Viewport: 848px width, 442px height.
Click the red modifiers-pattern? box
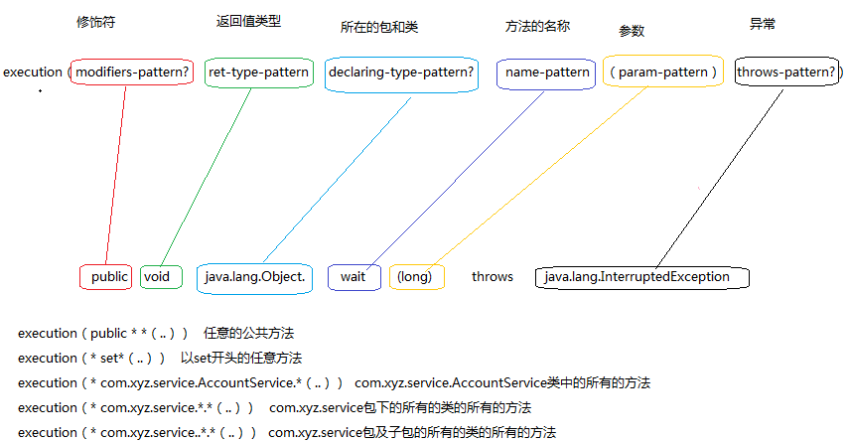pyautogui.click(x=132, y=73)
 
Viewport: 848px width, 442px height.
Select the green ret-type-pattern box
pyautogui.click(x=259, y=73)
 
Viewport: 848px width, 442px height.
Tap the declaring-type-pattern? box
pyautogui.click(x=401, y=73)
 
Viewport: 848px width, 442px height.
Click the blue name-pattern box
pyautogui.click(x=546, y=73)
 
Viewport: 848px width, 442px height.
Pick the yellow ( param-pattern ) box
pyautogui.click(x=662, y=73)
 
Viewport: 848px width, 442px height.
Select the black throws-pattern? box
pyautogui.click(x=788, y=73)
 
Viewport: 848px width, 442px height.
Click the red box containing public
pyautogui.click(x=107, y=277)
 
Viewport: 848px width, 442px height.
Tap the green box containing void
pyautogui.click(x=160, y=277)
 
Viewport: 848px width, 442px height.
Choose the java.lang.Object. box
pyautogui.click(x=254, y=277)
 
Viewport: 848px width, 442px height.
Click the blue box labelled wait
pyautogui.click(x=353, y=277)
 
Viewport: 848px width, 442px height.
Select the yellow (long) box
pyautogui.click(x=415, y=277)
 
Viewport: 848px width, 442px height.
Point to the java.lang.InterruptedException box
pyautogui.click(x=641, y=277)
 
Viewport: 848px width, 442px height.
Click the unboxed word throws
pyautogui.click(x=493, y=277)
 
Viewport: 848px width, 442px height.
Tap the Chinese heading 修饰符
pyautogui.click(x=95, y=23)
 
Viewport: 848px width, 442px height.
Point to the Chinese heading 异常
pyautogui.click(x=762, y=25)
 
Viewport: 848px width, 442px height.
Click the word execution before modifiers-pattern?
pyautogui.click(x=33, y=73)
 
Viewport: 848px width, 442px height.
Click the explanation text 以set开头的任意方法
pyautogui.click(x=241, y=358)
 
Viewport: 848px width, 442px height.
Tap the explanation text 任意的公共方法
pyautogui.click(x=248, y=333)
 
